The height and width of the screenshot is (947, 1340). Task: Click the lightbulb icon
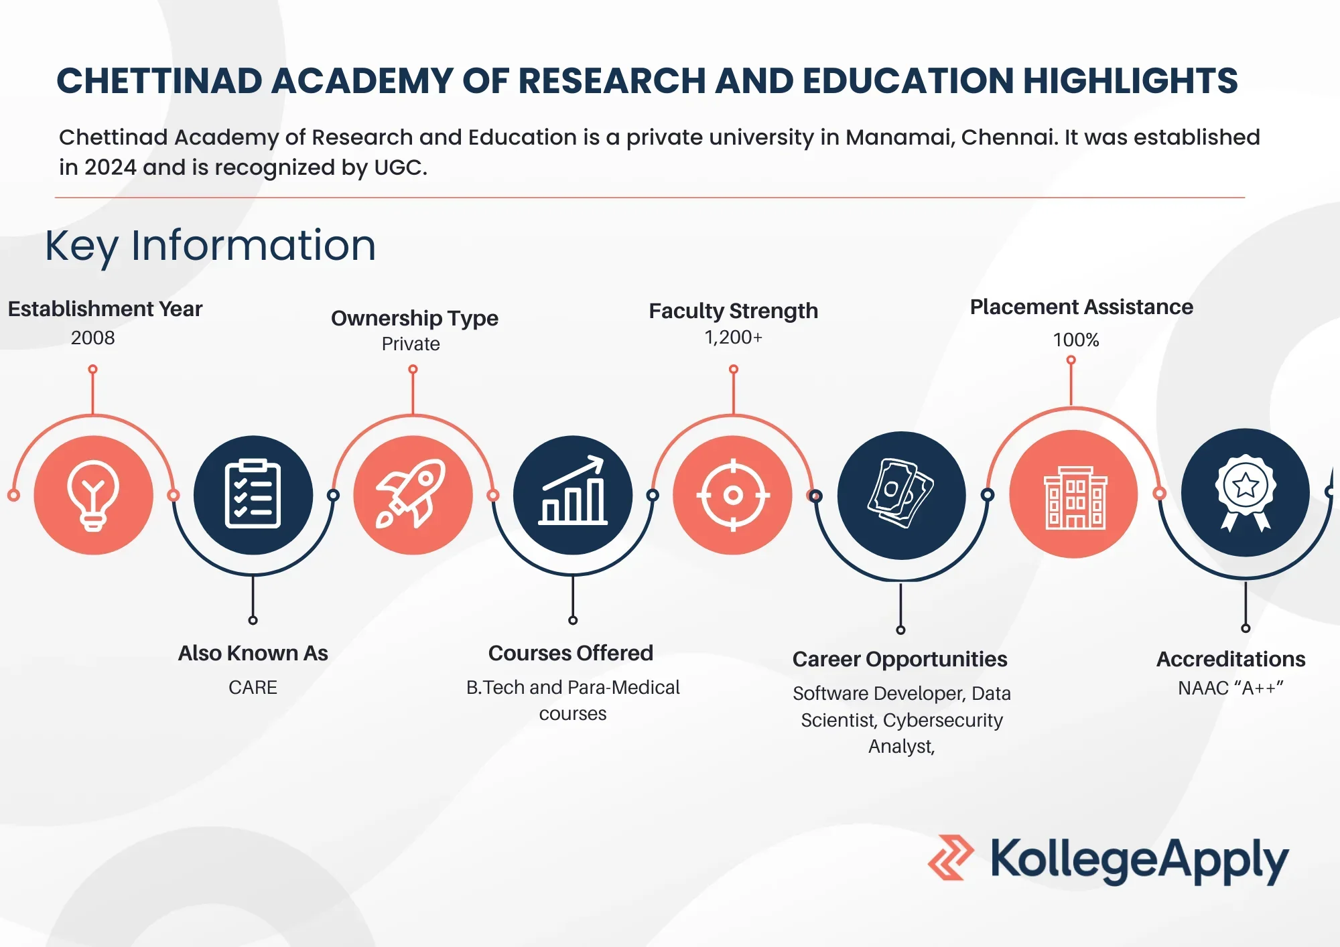93,495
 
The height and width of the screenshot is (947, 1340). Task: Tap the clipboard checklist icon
253,495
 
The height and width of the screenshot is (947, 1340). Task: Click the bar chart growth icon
573,492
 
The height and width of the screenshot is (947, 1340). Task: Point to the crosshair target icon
733,495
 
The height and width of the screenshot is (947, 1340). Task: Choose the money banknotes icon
901,494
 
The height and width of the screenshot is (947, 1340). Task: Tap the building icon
1075,496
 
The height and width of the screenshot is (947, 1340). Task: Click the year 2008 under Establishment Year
93,338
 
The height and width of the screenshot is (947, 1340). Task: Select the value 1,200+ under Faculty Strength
733,337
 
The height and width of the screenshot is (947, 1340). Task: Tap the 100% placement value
1075,340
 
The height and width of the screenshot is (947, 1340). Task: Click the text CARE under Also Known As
253,687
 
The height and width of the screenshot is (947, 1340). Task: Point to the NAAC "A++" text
1231,688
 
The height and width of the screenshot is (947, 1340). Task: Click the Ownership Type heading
414,317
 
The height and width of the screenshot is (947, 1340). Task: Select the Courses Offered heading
570,652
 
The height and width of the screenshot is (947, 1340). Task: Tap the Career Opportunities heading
900,659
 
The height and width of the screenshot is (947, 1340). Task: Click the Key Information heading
210,245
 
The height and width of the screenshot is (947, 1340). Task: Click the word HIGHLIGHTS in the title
1130,81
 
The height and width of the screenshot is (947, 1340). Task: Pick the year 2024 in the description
111,167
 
